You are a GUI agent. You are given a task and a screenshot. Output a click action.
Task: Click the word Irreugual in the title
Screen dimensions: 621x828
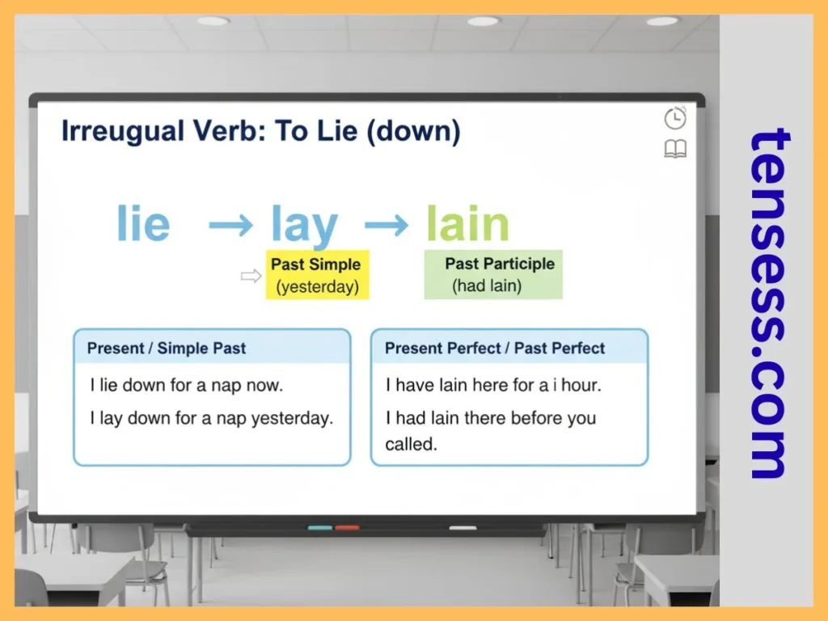(x=112, y=132)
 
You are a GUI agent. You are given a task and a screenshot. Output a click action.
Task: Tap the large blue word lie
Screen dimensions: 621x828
(x=143, y=224)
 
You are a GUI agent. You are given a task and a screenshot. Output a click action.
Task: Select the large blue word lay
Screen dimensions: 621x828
(x=304, y=226)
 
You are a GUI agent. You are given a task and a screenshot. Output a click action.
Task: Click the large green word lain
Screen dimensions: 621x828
(x=467, y=224)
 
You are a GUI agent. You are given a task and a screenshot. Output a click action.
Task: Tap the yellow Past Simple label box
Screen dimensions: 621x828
(x=317, y=275)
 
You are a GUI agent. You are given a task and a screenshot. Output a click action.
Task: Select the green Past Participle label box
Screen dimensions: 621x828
(x=493, y=275)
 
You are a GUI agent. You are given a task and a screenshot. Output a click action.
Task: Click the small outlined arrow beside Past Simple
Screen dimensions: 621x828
(x=251, y=277)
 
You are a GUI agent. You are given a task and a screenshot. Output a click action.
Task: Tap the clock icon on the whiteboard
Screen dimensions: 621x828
(x=675, y=119)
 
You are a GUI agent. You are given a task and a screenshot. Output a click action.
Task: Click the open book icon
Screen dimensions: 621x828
(x=675, y=149)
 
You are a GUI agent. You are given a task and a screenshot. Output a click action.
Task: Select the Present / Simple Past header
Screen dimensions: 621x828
(x=167, y=349)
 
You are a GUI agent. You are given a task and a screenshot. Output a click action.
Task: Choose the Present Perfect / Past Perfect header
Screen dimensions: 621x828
(x=495, y=349)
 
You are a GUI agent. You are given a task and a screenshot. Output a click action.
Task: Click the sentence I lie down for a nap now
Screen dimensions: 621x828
(x=186, y=386)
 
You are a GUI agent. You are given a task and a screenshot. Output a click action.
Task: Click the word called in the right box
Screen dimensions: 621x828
(x=411, y=444)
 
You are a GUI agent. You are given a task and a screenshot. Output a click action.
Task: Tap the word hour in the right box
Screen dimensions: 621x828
(x=581, y=386)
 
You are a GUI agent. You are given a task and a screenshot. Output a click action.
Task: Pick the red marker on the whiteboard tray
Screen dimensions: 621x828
(x=347, y=528)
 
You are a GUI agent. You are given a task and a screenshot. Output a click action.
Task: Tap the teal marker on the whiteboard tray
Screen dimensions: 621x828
(x=320, y=528)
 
